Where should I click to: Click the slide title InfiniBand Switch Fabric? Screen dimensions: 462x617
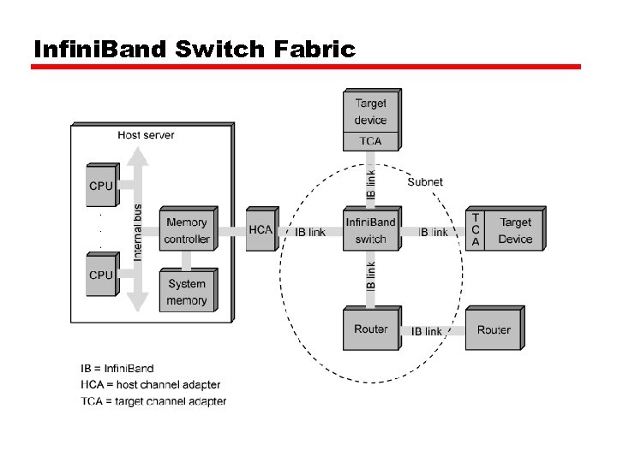point(194,50)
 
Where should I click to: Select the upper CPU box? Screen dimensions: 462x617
point(101,186)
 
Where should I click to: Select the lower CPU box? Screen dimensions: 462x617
point(101,275)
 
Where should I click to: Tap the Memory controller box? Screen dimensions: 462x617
point(187,231)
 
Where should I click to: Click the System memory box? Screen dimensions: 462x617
point(187,292)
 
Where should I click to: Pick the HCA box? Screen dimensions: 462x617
point(261,230)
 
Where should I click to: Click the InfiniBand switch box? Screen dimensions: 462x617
point(370,231)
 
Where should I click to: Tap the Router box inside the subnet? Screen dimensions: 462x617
point(370,329)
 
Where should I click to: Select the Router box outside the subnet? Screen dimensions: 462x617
point(494,329)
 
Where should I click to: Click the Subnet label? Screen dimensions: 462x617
point(425,181)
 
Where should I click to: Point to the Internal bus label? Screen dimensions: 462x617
point(138,232)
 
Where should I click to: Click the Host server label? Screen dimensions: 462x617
point(146,135)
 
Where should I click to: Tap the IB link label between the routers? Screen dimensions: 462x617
point(427,331)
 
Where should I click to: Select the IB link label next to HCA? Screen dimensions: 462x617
point(310,232)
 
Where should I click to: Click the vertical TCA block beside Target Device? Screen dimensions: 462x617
point(476,231)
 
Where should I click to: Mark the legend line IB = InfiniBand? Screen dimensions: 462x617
point(117,369)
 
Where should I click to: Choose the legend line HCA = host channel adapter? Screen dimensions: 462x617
point(150,385)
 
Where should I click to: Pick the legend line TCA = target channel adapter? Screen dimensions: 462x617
point(153,400)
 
